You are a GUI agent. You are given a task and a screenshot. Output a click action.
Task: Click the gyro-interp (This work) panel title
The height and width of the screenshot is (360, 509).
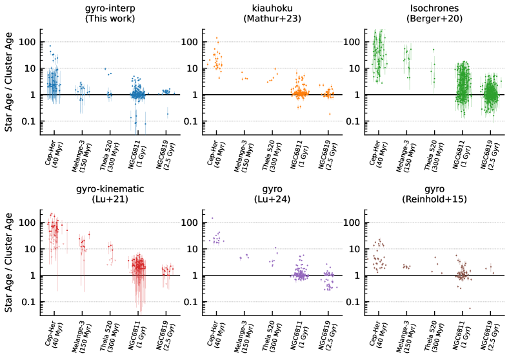[110, 14]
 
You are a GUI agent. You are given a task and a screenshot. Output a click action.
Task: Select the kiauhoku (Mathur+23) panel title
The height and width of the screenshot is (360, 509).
[272, 14]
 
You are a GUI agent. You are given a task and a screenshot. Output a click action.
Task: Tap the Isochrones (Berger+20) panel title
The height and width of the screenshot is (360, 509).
[433, 14]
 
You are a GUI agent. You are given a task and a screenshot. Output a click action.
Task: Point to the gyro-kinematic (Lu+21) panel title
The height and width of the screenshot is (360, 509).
[110, 194]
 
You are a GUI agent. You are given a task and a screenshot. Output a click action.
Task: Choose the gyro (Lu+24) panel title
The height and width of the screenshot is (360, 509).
[272, 194]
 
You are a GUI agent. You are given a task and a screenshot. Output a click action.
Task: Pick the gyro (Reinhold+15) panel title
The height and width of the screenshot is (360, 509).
[433, 194]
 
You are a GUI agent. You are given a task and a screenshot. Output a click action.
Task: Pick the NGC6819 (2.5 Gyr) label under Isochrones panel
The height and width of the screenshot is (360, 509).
[492, 155]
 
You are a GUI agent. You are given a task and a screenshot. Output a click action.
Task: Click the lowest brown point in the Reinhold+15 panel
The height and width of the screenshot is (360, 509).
[470, 308]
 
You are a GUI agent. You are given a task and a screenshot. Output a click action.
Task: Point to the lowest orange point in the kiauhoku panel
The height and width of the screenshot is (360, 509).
[330, 114]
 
